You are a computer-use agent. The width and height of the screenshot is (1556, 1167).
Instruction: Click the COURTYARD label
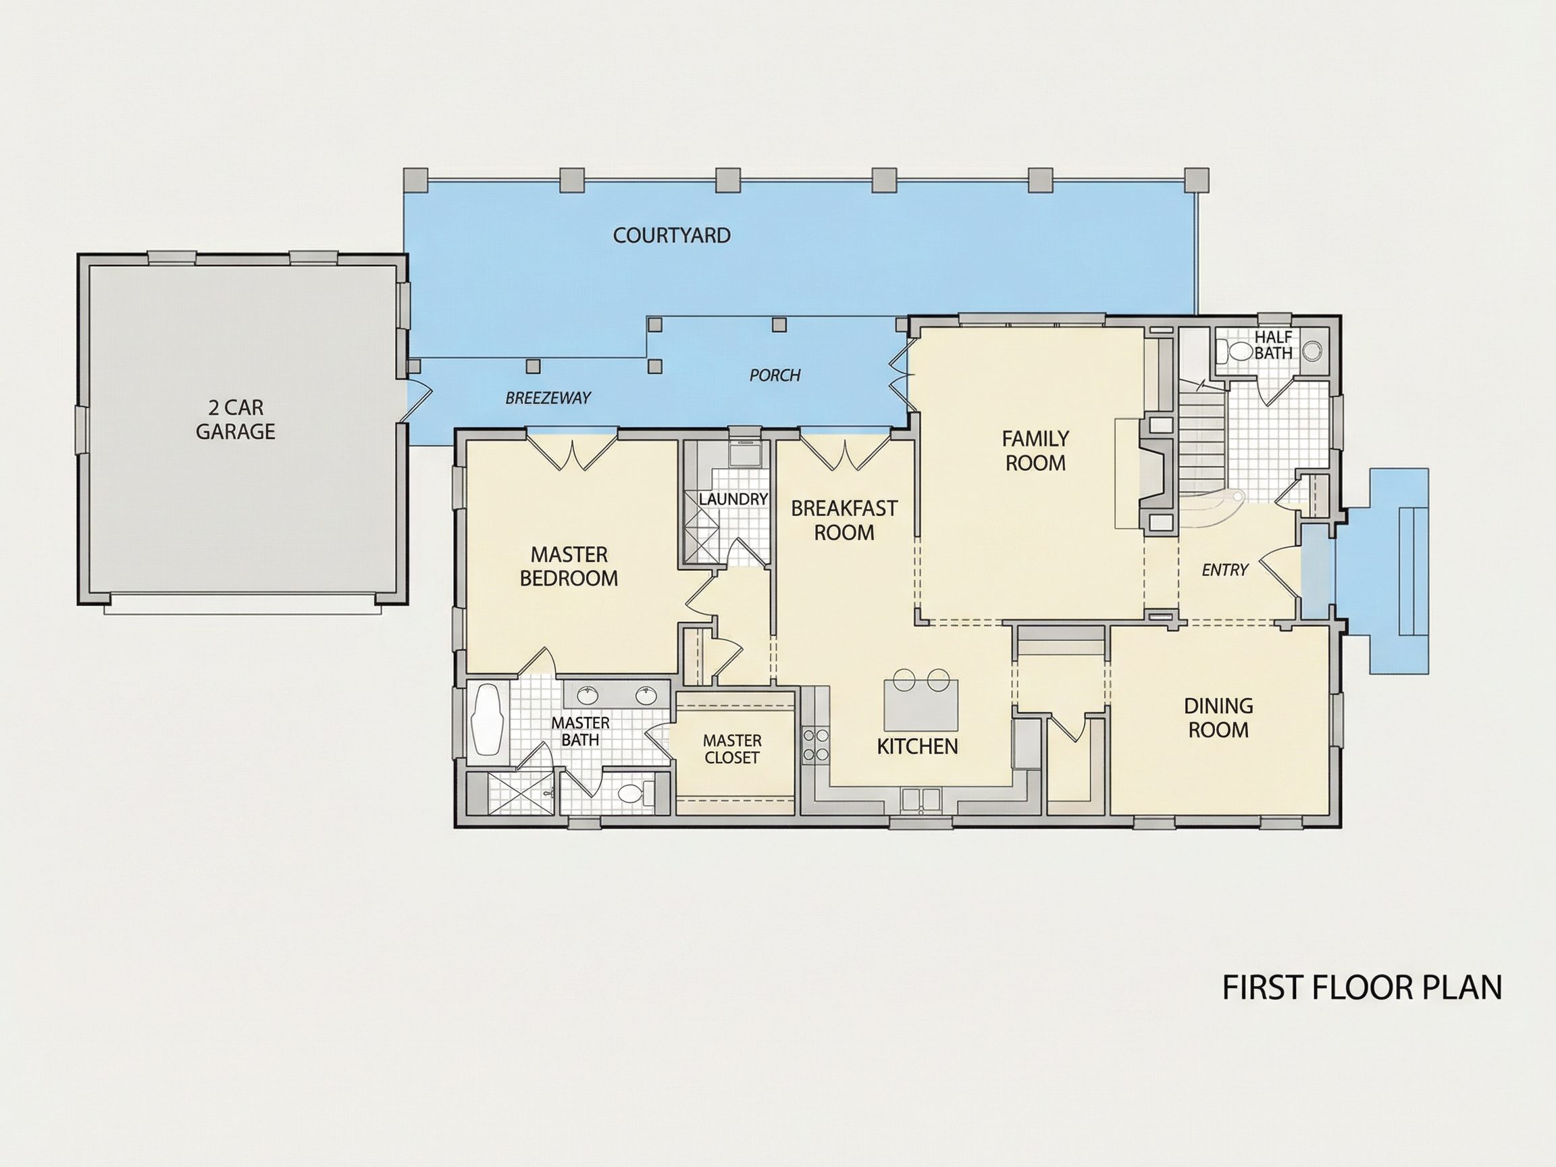coord(672,235)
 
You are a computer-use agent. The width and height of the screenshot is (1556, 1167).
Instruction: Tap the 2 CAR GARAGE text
coord(236,419)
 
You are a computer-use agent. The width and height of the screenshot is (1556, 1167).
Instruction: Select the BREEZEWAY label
coord(548,398)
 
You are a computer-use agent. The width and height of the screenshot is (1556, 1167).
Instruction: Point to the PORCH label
coord(775,375)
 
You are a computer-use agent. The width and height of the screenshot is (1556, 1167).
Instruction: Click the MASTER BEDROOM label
coord(569,566)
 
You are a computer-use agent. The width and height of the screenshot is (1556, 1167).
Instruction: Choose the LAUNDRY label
coord(733,498)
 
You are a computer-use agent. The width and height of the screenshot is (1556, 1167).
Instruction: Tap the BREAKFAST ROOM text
coord(844,520)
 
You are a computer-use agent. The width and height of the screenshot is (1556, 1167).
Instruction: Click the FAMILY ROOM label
coord(1035,451)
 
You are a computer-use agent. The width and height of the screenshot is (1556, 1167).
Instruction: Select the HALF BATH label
coord(1273,345)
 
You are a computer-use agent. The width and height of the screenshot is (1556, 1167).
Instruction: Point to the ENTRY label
coord(1224,570)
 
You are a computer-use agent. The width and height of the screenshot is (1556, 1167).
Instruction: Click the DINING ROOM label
coord(1218,717)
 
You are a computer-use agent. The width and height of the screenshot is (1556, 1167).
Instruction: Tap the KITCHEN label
coord(917,746)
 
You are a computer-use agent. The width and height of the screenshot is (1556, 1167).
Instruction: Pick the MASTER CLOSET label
coord(732,749)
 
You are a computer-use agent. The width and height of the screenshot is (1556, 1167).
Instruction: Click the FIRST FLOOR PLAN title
coord(1362,987)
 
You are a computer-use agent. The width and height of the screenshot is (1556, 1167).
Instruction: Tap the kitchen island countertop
coord(920,704)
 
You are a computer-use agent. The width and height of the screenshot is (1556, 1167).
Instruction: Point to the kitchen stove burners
coord(816,745)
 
